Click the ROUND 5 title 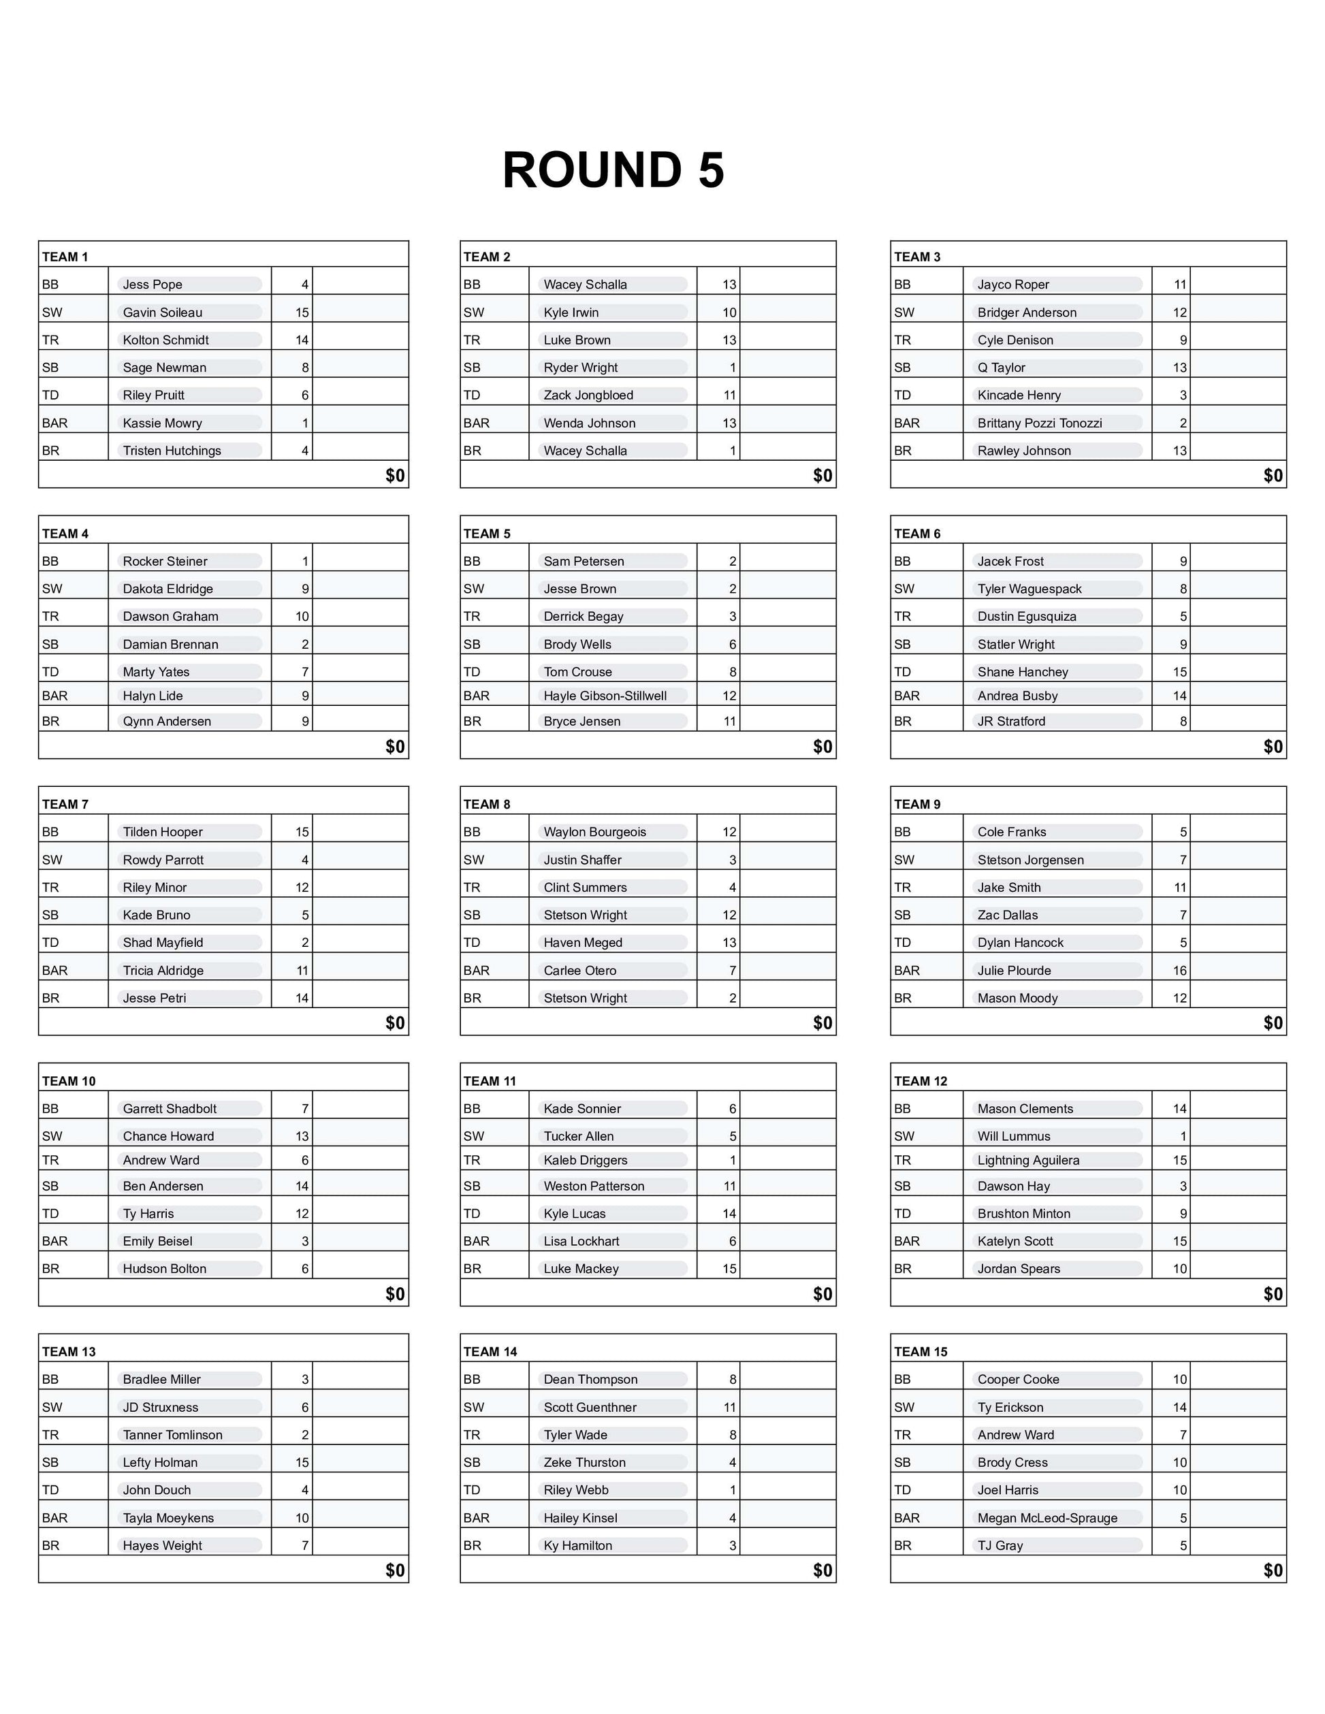(x=613, y=170)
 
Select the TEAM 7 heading (x=65, y=805)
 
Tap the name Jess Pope (x=153, y=285)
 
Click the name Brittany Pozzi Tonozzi (x=1039, y=423)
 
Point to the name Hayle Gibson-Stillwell (x=605, y=696)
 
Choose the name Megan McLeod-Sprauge (x=1047, y=1518)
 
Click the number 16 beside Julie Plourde (x=1179, y=971)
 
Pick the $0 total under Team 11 (x=822, y=1294)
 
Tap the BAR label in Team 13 (x=55, y=1518)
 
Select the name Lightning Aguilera (x=1028, y=1160)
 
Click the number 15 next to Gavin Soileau (x=302, y=312)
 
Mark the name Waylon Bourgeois (x=594, y=832)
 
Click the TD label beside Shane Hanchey (x=903, y=672)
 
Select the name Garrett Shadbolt (x=170, y=1109)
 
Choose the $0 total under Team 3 (x=1273, y=476)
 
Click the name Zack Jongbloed (x=588, y=395)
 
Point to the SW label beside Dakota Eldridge (x=52, y=589)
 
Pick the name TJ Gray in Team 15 (x=1000, y=1545)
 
